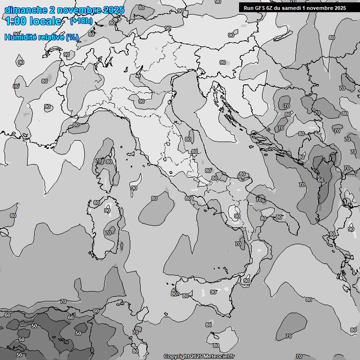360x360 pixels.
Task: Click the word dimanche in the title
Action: pos(23,10)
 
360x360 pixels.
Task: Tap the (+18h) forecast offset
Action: pos(81,21)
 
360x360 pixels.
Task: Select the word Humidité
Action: pos(20,37)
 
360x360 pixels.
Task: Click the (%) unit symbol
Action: pos(72,37)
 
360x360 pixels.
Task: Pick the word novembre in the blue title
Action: pos(78,10)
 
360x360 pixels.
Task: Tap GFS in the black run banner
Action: pos(261,8)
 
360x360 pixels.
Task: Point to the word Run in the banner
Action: pos(249,8)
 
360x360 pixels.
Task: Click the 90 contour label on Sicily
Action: pos(213,292)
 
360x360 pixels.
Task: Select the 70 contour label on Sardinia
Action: pos(108,233)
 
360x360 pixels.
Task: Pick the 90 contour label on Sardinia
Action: pos(107,211)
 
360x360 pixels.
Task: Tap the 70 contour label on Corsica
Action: pos(98,161)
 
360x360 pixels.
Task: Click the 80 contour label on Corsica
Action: pos(109,162)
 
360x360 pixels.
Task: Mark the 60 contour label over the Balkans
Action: pos(320,180)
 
